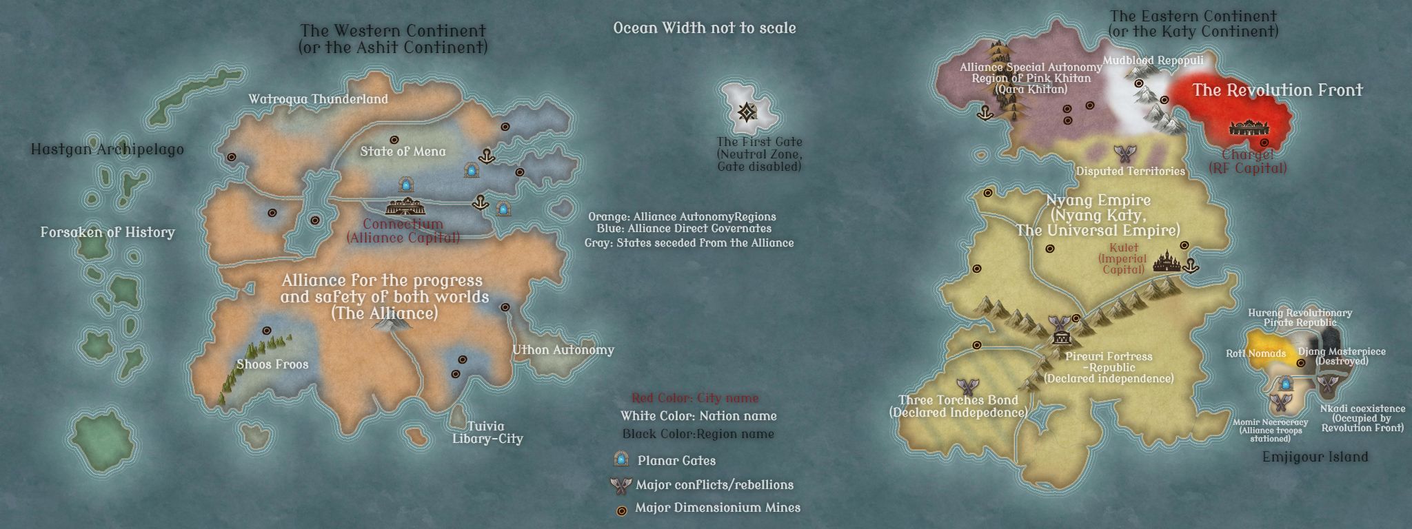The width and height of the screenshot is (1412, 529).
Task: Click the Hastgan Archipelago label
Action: coord(107,149)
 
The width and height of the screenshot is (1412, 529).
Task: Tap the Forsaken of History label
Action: coord(108,232)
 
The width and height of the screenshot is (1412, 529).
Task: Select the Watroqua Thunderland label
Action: coord(318,99)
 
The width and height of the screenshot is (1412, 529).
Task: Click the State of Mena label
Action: coord(403,152)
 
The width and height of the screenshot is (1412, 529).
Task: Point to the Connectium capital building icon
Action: coord(405,207)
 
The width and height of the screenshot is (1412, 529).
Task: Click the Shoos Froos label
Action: coord(272,364)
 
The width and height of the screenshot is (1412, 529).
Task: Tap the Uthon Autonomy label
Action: coord(563,350)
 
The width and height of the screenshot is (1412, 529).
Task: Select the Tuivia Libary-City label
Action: coord(487,433)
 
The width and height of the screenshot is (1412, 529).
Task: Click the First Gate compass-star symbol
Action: coord(746,112)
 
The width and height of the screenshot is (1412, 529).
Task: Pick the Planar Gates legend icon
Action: coord(622,459)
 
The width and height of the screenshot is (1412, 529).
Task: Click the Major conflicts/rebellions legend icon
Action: coord(621,485)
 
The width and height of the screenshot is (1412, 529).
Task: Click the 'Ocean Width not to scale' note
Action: coord(704,28)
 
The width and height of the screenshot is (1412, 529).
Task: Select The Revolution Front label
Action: coord(1277,90)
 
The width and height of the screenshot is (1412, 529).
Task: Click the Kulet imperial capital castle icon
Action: coord(1167,262)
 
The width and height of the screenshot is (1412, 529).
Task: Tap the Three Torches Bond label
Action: coord(958,406)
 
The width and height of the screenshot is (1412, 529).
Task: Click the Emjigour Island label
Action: coord(1315,457)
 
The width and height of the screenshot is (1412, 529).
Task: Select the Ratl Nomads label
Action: coord(1255,353)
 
